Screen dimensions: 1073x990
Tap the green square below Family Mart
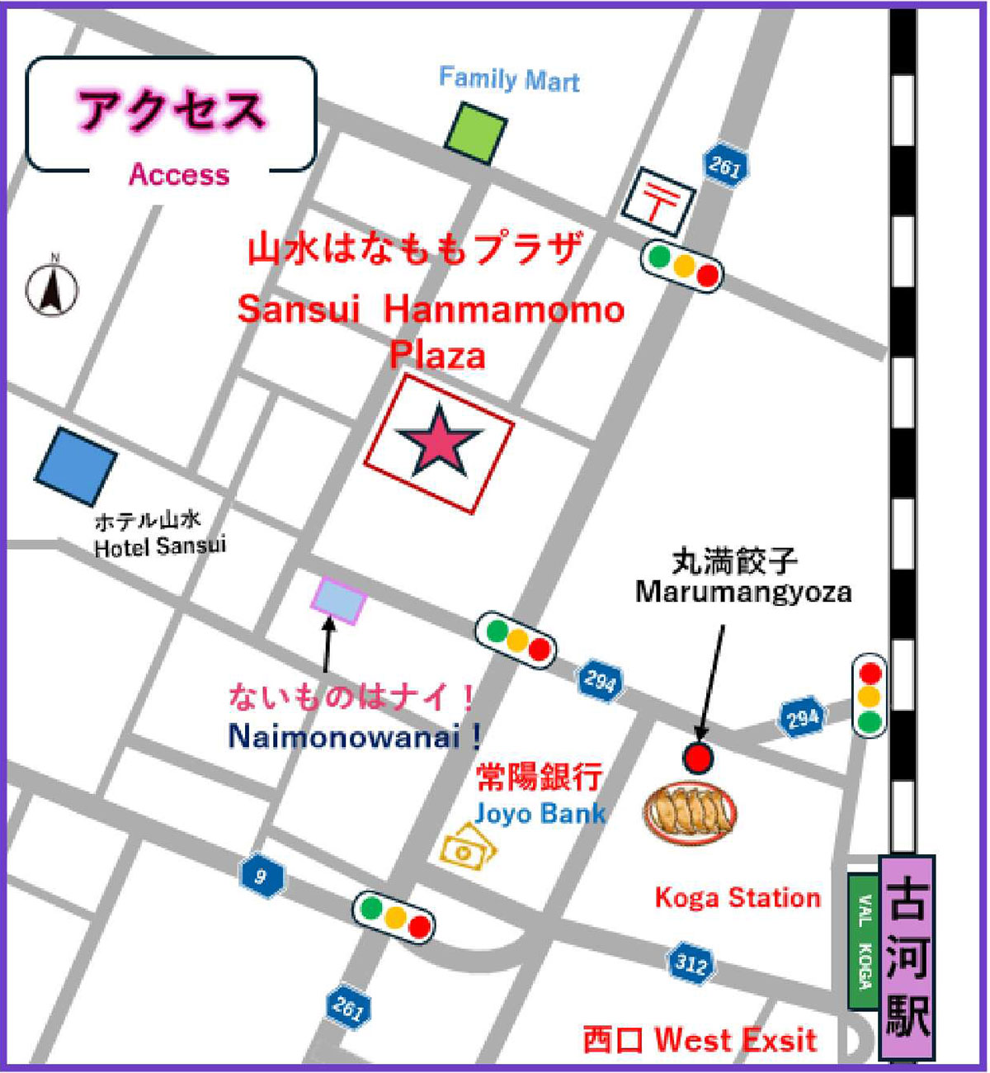point(476,133)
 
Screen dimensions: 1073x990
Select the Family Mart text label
point(508,79)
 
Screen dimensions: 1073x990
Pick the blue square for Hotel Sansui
point(76,466)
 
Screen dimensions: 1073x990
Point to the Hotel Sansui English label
point(159,546)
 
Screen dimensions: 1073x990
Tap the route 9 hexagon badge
point(262,876)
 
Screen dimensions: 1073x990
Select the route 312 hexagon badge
point(690,962)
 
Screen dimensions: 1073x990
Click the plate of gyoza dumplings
point(690,813)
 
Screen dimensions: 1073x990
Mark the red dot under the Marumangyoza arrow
point(698,757)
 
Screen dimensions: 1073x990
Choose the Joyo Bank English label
point(540,814)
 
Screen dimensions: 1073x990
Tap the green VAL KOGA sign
point(864,941)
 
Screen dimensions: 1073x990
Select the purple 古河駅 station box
point(907,957)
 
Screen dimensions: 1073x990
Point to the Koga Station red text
point(738,898)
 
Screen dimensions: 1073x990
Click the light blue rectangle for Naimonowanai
point(338,600)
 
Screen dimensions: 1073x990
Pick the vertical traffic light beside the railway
point(869,696)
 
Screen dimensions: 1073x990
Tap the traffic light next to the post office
point(682,266)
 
